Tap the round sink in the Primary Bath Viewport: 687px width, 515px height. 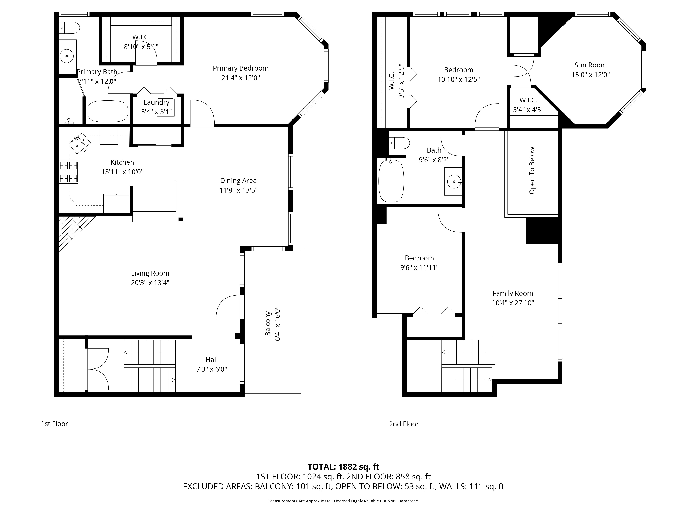[66, 56]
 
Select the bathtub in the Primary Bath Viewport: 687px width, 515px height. [108, 111]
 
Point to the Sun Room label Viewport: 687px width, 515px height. [590, 65]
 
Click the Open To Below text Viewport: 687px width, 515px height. [532, 170]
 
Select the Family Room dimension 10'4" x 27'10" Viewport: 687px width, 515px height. [513, 303]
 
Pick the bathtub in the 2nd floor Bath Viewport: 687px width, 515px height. [391, 180]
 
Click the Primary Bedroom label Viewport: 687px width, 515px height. [241, 68]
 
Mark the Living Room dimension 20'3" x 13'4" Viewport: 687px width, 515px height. [150, 283]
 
